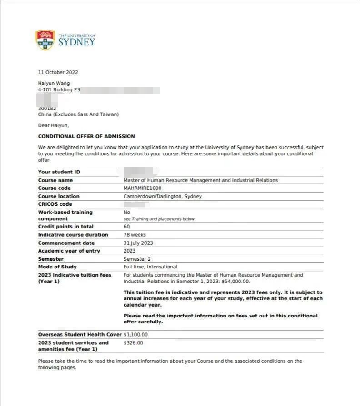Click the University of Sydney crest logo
(45, 40)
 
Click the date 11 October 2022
(58, 72)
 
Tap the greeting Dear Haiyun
(53, 125)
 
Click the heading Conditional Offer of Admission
(86, 136)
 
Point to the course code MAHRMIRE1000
(142, 188)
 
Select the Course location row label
(59, 196)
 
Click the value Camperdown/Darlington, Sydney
(163, 196)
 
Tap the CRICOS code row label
(55, 204)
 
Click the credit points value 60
(127, 227)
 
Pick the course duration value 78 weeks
(135, 235)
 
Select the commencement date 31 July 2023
(138, 243)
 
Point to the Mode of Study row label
(57, 267)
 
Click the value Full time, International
(150, 267)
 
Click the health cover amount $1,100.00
(135, 335)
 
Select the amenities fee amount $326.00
(133, 343)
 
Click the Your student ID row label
(59, 172)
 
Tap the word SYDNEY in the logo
(77, 42)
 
